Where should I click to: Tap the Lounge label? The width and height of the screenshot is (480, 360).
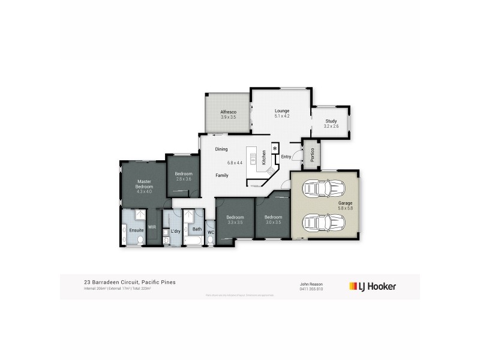click(282, 111)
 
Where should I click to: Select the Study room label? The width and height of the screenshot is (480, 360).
click(331, 122)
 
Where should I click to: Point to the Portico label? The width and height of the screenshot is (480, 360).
click(312, 155)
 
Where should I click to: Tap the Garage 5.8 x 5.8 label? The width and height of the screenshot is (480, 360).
click(345, 205)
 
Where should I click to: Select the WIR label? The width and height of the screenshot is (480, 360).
click(152, 227)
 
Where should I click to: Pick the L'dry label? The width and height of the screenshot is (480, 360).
click(175, 231)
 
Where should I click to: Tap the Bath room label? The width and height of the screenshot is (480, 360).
click(197, 229)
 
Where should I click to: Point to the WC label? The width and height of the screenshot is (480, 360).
click(211, 232)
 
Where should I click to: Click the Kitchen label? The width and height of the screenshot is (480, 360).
click(263, 158)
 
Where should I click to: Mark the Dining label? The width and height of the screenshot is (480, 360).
click(221, 149)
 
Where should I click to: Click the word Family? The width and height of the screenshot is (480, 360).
click(222, 175)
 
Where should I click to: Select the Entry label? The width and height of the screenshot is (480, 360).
click(286, 157)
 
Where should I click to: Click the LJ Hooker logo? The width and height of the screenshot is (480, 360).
click(372, 286)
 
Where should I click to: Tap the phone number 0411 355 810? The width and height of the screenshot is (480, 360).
click(311, 289)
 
